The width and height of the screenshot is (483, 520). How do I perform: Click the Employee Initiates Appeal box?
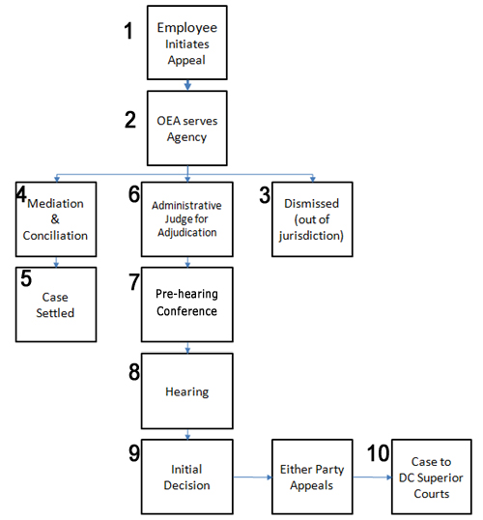click(x=187, y=43)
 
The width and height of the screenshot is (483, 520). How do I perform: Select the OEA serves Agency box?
click(x=187, y=128)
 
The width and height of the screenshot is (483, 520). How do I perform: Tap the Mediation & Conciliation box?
click(x=56, y=219)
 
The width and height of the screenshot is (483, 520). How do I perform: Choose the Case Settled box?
click(x=56, y=304)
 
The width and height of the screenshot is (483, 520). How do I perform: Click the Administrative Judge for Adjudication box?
click(x=187, y=219)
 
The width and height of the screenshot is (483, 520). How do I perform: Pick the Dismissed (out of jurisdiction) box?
click(x=312, y=219)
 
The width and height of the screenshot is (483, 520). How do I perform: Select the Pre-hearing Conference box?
click(x=187, y=304)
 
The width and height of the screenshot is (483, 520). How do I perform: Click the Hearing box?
click(x=187, y=391)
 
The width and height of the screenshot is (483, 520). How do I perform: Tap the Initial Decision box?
click(x=187, y=477)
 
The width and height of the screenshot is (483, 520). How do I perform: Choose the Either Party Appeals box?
click(x=312, y=477)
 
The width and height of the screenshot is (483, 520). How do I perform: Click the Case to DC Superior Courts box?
click(x=432, y=477)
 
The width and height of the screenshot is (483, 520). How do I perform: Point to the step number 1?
click(x=128, y=31)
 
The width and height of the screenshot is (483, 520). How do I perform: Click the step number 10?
click(x=379, y=453)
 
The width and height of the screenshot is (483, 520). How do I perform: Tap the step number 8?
click(x=134, y=372)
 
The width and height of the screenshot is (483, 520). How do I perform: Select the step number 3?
click(x=265, y=195)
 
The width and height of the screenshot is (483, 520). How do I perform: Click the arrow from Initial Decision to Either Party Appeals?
click(x=252, y=477)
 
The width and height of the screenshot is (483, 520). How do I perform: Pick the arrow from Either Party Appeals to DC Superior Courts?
click(x=372, y=477)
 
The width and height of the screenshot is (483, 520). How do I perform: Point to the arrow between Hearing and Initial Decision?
click(x=187, y=434)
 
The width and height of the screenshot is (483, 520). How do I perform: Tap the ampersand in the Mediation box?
click(x=55, y=219)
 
